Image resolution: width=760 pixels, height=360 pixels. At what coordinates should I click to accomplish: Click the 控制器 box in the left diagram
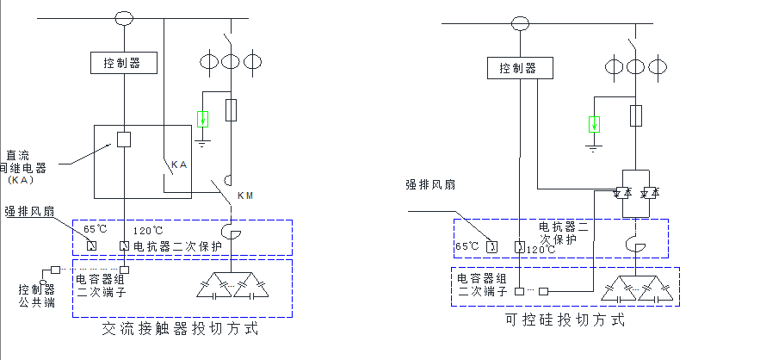coord(123,63)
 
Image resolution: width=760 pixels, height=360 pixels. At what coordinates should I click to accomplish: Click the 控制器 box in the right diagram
coord(517,68)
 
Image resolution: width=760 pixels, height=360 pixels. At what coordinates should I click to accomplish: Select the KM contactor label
coord(245,196)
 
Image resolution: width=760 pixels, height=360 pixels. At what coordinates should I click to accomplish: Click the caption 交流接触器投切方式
coord(180,329)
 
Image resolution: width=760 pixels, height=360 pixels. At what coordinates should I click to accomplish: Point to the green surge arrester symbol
coord(594,123)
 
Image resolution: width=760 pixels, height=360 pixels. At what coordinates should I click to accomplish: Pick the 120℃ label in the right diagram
coord(541,250)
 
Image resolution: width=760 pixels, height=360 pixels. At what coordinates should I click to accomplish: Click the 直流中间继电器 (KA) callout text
coord(26,168)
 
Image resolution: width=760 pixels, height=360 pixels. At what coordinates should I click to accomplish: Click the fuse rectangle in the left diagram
coord(231,109)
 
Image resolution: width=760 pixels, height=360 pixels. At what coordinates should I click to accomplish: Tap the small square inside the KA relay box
coord(124,140)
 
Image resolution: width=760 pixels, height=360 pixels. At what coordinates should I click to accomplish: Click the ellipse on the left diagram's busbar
coord(124,16)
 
